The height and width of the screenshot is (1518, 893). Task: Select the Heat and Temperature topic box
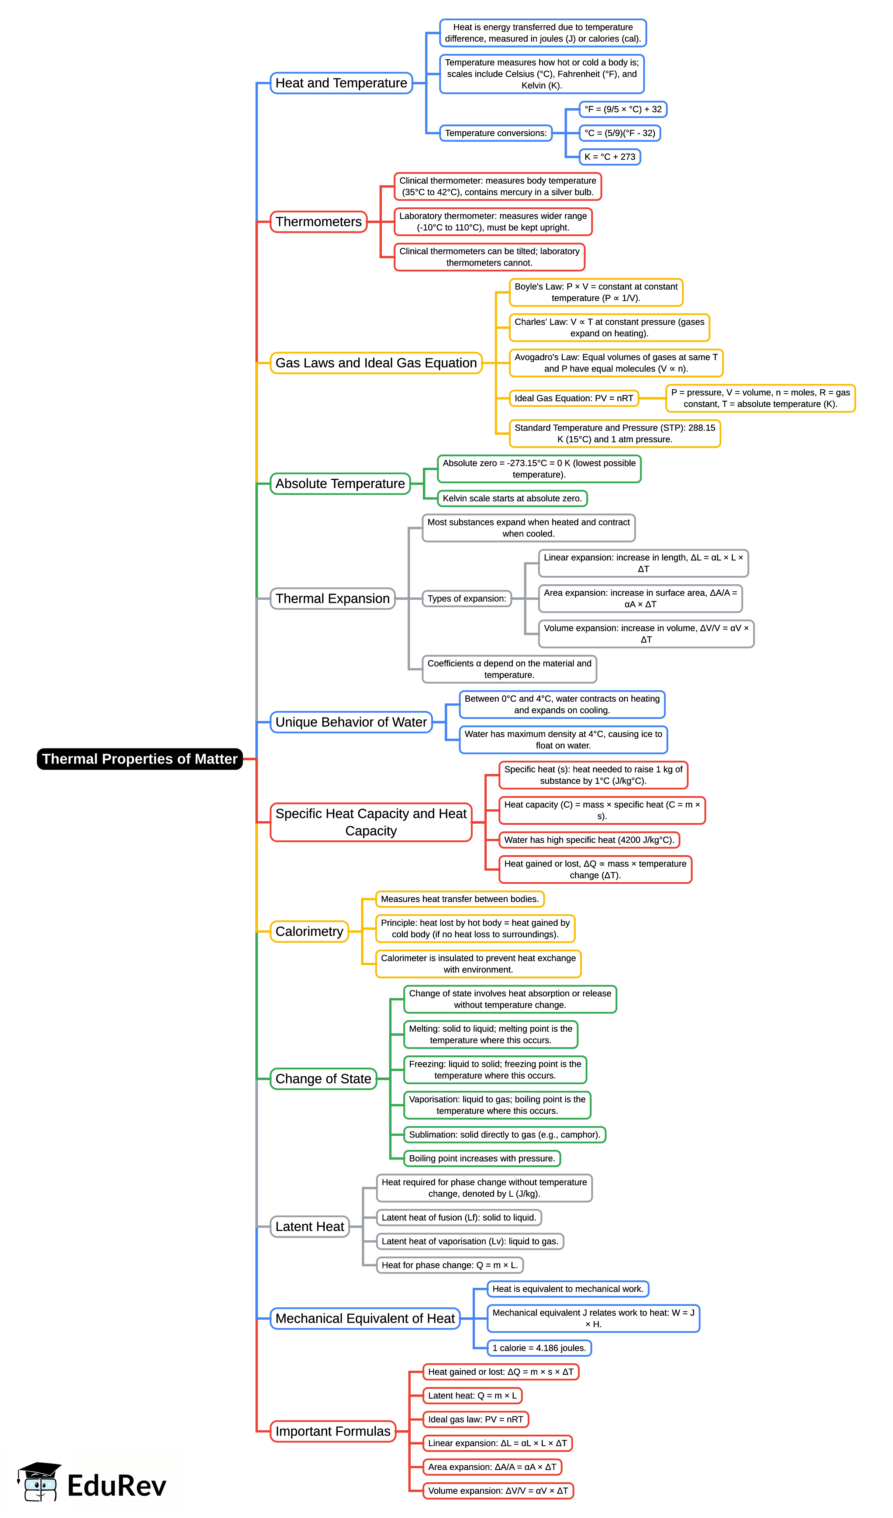pos(341,83)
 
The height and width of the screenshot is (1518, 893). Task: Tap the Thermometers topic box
pos(318,222)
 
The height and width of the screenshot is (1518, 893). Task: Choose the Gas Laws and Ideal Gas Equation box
pos(376,363)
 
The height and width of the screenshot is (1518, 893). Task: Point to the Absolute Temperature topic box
pos(340,484)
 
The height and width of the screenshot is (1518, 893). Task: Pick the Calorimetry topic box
pos(309,931)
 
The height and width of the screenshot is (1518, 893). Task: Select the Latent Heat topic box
pos(310,1227)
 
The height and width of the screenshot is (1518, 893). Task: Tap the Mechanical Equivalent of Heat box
pos(365,1318)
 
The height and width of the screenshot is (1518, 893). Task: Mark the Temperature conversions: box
pos(495,133)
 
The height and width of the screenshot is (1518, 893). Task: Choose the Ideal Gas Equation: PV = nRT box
pos(574,398)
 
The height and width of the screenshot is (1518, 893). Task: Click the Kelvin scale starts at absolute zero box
pos(512,498)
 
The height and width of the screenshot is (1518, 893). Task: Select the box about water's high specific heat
pos(589,840)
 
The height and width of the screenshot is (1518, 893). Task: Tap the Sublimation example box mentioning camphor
pos(504,1134)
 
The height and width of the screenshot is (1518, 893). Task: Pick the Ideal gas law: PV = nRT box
pos(475,1419)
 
